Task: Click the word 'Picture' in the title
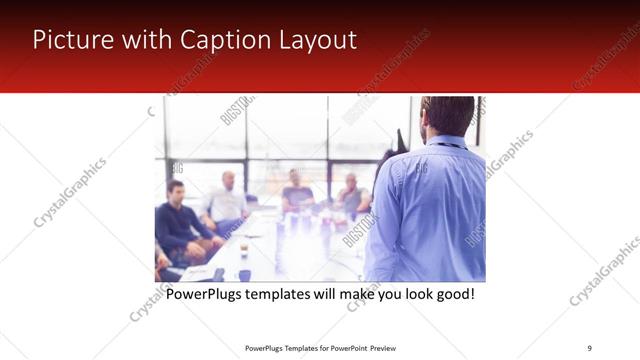click(x=71, y=40)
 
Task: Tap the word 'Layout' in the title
click(x=318, y=40)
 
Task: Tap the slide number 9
click(x=589, y=347)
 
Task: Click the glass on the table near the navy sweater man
click(x=244, y=249)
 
